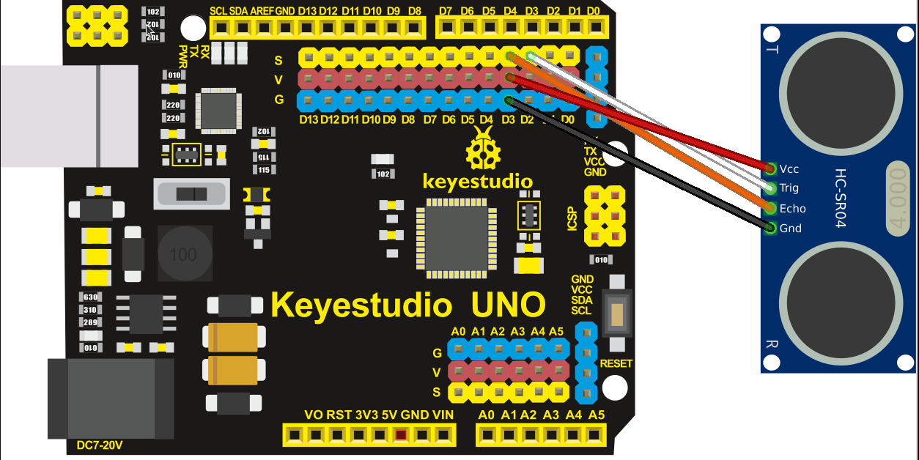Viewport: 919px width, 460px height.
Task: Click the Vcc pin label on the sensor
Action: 789,169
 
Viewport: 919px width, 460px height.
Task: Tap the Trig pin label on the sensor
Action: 789,189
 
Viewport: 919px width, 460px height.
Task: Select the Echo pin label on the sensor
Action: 792,209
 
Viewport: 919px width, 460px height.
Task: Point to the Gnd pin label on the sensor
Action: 790,229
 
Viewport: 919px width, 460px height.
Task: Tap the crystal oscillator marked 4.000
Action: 900,199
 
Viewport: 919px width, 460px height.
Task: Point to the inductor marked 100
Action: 183,255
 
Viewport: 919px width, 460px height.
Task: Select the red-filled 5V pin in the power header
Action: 400,436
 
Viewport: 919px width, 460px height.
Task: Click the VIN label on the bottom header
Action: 443,415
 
